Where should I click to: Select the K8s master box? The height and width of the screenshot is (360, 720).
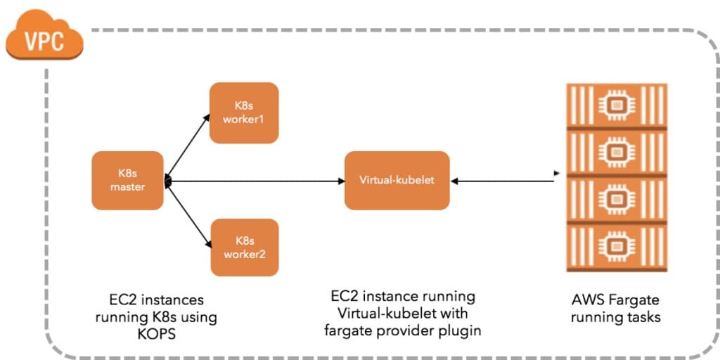[127, 181]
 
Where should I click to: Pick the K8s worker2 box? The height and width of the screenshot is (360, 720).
[245, 247]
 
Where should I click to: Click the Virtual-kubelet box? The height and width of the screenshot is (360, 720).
[397, 180]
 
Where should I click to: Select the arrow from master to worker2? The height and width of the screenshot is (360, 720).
[188, 214]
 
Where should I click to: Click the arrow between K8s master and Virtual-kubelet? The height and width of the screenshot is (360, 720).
[253, 181]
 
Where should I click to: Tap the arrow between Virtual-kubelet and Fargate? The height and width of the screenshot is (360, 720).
[503, 181]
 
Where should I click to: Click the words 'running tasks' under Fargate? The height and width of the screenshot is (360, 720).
[615, 317]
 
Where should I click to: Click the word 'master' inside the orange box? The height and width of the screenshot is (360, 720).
[127, 187]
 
